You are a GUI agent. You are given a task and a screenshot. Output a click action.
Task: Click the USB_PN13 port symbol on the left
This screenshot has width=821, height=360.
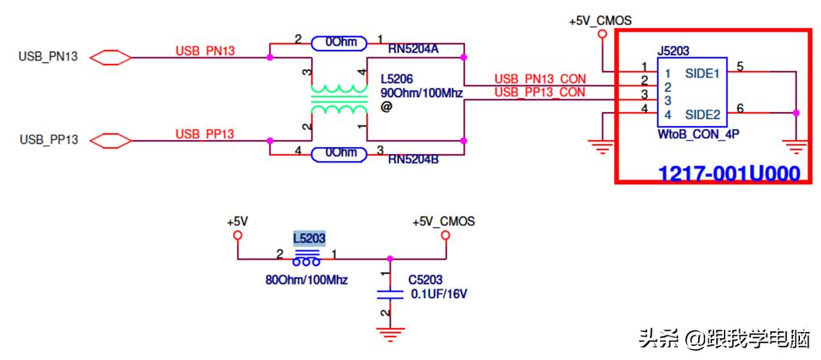click(x=110, y=58)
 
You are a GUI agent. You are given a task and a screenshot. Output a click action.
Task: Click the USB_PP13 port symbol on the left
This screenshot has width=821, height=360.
click(x=110, y=140)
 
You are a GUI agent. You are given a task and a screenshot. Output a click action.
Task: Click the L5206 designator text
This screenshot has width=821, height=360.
click(x=397, y=79)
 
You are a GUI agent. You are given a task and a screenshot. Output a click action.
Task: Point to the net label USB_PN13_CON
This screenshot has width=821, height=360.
click(x=540, y=79)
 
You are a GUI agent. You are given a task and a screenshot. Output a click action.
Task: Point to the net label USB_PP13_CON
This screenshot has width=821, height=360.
click(x=540, y=92)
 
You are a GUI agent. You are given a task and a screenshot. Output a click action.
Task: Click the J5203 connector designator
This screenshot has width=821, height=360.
click(x=673, y=51)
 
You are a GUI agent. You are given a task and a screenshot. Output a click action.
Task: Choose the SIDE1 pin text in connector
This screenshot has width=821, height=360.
click(x=702, y=73)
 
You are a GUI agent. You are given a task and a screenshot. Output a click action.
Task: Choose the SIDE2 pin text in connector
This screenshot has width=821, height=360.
click(x=702, y=116)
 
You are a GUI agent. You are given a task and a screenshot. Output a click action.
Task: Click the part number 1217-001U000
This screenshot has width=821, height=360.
click(x=728, y=174)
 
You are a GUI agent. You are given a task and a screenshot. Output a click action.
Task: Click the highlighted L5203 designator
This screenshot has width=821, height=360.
click(x=309, y=237)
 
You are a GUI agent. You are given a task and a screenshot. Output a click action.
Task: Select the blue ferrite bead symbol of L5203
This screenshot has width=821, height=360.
click(x=307, y=257)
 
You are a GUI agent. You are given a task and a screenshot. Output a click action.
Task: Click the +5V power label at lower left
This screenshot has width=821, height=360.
click(x=237, y=222)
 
